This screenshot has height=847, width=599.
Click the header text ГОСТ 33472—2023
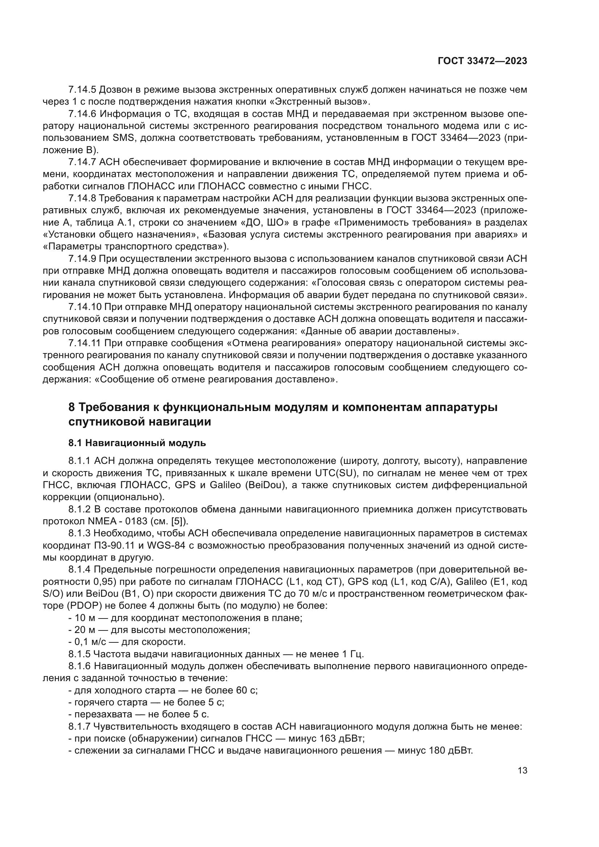click(x=482, y=61)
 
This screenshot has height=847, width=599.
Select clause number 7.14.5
click(x=82, y=90)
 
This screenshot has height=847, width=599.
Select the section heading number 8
click(x=72, y=408)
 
